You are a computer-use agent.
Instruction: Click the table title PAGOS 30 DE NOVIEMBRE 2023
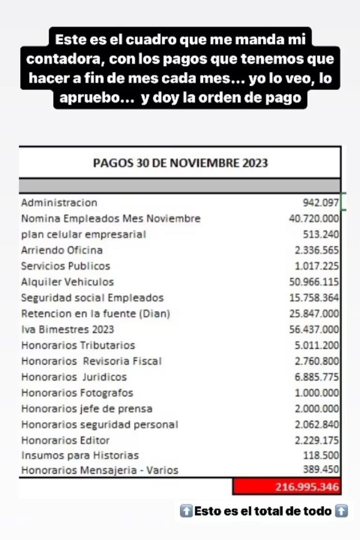pyautogui.click(x=180, y=163)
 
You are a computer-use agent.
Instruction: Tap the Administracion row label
pyautogui.click(x=59, y=203)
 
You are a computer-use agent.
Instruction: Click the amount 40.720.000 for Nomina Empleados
pyautogui.click(x=314, y=219)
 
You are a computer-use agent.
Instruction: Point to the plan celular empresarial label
pyautogui.click(x=83, y=234)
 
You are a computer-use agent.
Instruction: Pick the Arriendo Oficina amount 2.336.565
pyautogui.click(x=316, y=250)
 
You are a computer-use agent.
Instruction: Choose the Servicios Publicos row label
pyautogui.click(x=66, y=266)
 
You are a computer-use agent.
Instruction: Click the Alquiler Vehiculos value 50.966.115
pyautogui.click(x=314, y=282)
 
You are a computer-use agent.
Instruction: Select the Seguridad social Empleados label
pyautogui.click(x=92, y=298)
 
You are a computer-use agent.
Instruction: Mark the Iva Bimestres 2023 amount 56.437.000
pyautogui.click(x=314, y=330)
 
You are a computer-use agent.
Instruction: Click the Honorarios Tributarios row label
pyautogui.click(x=78, y=345)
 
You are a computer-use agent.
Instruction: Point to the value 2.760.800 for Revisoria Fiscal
pyautogui.click(x=316, y=361)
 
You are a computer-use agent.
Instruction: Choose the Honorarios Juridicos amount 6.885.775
pyautogui.click(x=316, y=377)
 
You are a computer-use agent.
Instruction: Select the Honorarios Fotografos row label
pyautogui.click(x=77, y=393)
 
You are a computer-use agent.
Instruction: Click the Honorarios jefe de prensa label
pyautogui.click(x=87, y=409)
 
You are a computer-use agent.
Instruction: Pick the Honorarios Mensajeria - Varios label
pyautogui.click(x=99, y=470)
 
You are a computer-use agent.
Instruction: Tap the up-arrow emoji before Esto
pyautogui.click(x=186, y=511)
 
